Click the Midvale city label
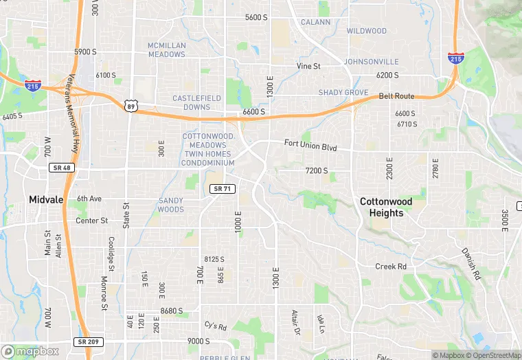click(x=46, y=199)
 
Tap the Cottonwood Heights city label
click(x=387, y=207)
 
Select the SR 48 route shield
click(x=61, y=168)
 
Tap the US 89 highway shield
click(x=130, y=105)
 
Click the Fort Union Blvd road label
click(x=311, y=145)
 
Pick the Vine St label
click(x=308, y=66)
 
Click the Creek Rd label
click(x=391, y=266)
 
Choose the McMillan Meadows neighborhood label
click(x=167, y=50)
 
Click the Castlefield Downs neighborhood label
click(x=196, y=102)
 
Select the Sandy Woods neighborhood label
click(x=171, y=205)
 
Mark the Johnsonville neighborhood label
click(x=371, y=62)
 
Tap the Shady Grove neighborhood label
click(x=343, y=93)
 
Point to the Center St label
click(x=92, y=221)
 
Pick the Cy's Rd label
click(x=216, y=325)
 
